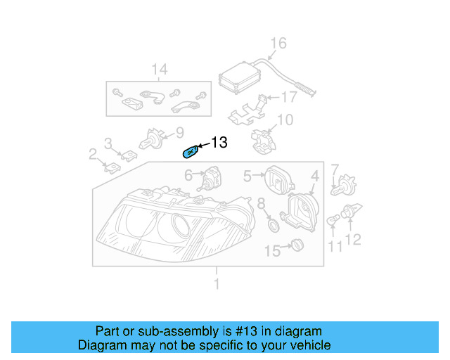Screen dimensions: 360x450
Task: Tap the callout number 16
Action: [278, 44]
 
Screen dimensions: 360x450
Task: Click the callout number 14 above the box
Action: [160, 69]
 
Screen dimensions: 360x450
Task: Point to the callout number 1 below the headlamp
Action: [217, 284]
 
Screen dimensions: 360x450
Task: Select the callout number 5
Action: [247, 175]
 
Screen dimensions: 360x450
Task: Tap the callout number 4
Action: [315, 176]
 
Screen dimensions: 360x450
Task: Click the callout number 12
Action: [353, 240]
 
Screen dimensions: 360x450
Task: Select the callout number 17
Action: [289, 97]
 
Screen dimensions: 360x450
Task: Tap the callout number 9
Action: [179, 131]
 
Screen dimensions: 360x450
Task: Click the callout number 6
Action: [188, 174]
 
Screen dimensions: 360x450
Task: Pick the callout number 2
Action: [93, 154]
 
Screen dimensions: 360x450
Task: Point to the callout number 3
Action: [108, 143]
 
